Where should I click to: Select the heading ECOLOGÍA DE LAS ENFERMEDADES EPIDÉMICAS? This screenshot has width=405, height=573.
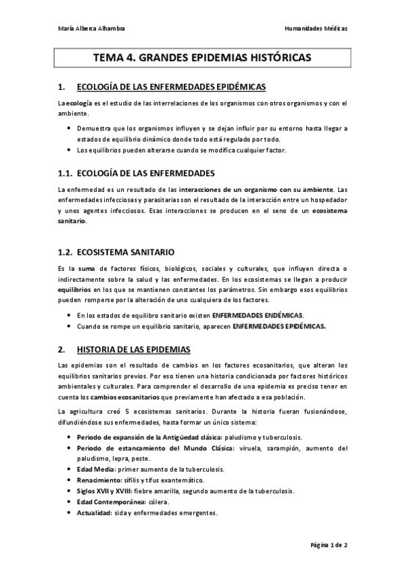[x=171, y=86]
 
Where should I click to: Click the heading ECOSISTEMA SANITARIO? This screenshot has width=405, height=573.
[x=126, y=251]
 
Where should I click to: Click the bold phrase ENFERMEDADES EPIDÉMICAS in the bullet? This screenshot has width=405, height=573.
[x=279, y=326]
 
